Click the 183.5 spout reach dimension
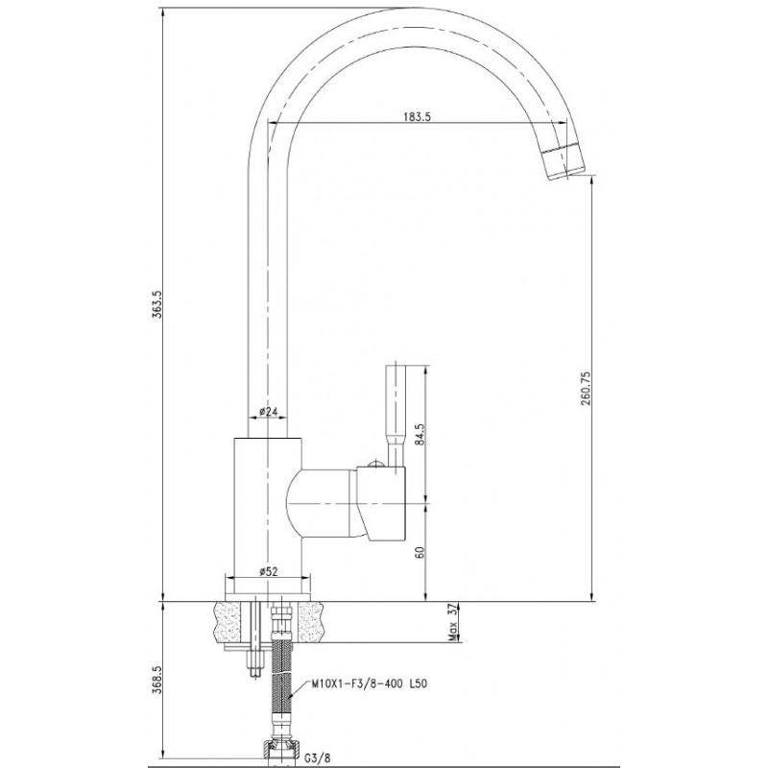pos(417,116)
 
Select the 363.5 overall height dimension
pos(156,304)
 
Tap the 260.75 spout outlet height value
pos(586,389)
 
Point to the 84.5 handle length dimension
pos(420,435)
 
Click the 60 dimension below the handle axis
pos(420,551)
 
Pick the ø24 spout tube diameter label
pos(269,411)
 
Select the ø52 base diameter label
pos(268,571)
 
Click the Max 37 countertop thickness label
pos(452,622)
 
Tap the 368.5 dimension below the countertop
pos(156,680)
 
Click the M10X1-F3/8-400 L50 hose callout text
pos(370,684)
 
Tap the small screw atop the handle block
pos(375,463)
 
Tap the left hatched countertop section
pos(227,622)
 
